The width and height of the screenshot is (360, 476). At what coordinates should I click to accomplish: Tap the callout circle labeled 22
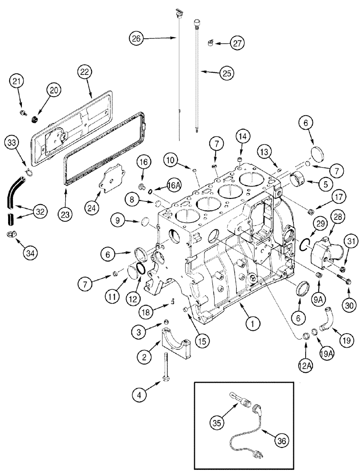coord(85,72)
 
